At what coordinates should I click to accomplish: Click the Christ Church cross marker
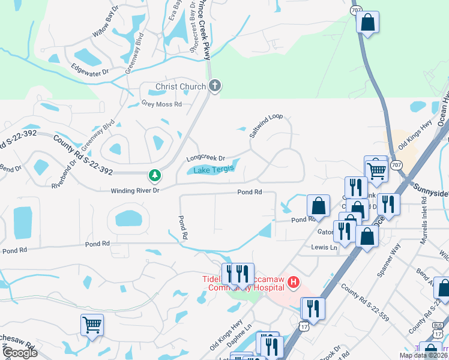pyautogui.click(x=215, y=86)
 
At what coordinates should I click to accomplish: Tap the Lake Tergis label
pyautogui.click(x=214, y=170)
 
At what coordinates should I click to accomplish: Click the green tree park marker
pyautogui.click(x=155, y=176)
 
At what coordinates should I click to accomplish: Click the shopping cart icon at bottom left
pyautogui.click(x=92, y=325)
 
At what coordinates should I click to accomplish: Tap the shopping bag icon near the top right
pyautogui.click(x=367, y=22)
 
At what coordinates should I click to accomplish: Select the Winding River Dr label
pyautogui.click(x=134, y=191)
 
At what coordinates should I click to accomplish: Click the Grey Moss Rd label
pyautogui.click(x=161, y=104)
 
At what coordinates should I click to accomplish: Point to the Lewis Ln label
pyautogui.click(x=324, y=247)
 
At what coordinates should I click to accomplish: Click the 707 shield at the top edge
pyautogui.click(x=356, y=10)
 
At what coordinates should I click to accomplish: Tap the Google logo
pyautogui.click(x=19, y=353)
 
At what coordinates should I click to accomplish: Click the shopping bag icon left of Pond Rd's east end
pyautogui.click(x=319, y=206)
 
